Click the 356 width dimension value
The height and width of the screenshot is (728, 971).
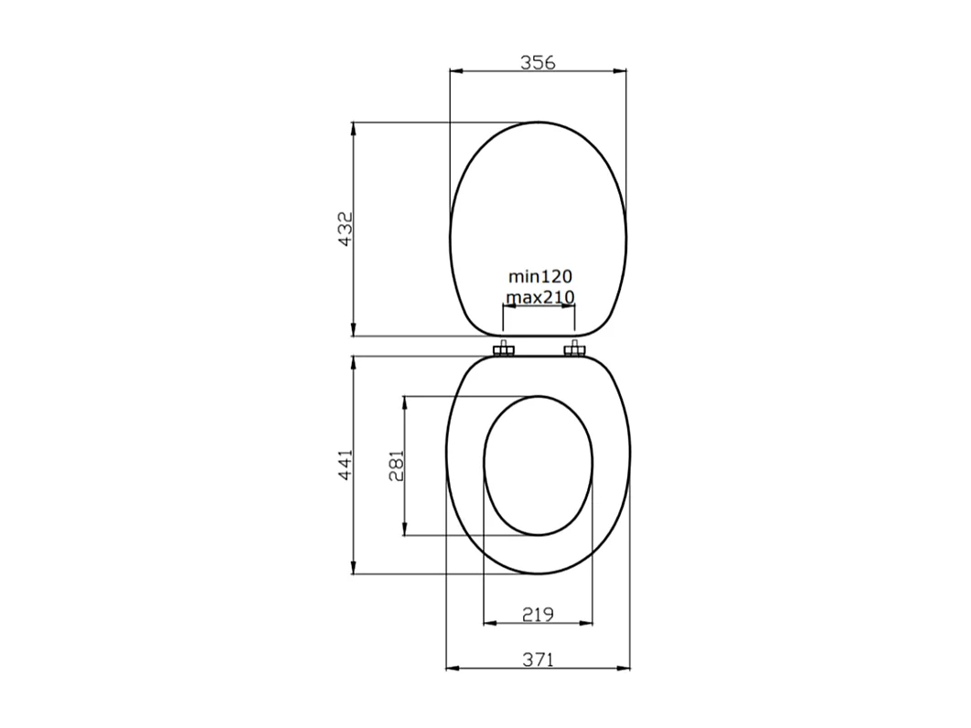(x=538, y=62)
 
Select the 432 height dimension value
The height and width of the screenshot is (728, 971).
(x=345, y=229)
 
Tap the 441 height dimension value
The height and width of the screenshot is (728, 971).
(x=345, y=466)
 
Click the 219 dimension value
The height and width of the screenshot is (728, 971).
(x=538, y=614)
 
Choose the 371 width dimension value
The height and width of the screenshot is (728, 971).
(x=538, y=658)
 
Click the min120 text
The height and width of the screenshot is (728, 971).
(x=539, y=275)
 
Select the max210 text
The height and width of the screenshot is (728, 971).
(x=539, y=296)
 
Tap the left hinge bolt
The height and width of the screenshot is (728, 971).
(x=504, y=349)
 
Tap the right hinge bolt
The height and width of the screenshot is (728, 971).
(x=574, y=349)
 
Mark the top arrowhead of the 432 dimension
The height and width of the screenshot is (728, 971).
(x=354, y=129)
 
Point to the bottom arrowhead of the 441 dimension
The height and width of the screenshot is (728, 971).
(x=354, y=568)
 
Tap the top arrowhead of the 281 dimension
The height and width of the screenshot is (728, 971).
(x=405, y=402)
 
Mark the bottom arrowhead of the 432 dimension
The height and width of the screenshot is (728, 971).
(x=354, y=330)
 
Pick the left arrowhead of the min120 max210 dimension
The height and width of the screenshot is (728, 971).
(x=509, y=307)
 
